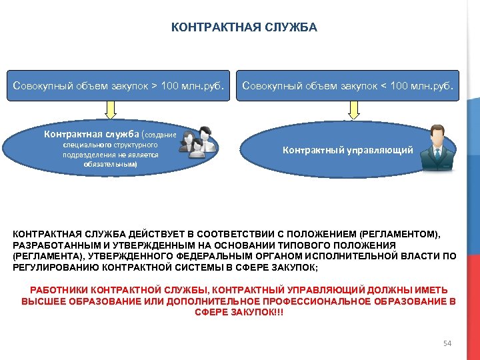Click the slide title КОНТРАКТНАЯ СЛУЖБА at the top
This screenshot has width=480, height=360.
coord(244,28)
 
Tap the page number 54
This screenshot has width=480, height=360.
coord(447,343)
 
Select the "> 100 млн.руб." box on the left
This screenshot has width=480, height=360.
coord(118,85)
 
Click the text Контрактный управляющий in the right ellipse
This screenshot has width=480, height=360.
coord(347,151)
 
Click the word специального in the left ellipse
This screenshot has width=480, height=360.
coord(83,144)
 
